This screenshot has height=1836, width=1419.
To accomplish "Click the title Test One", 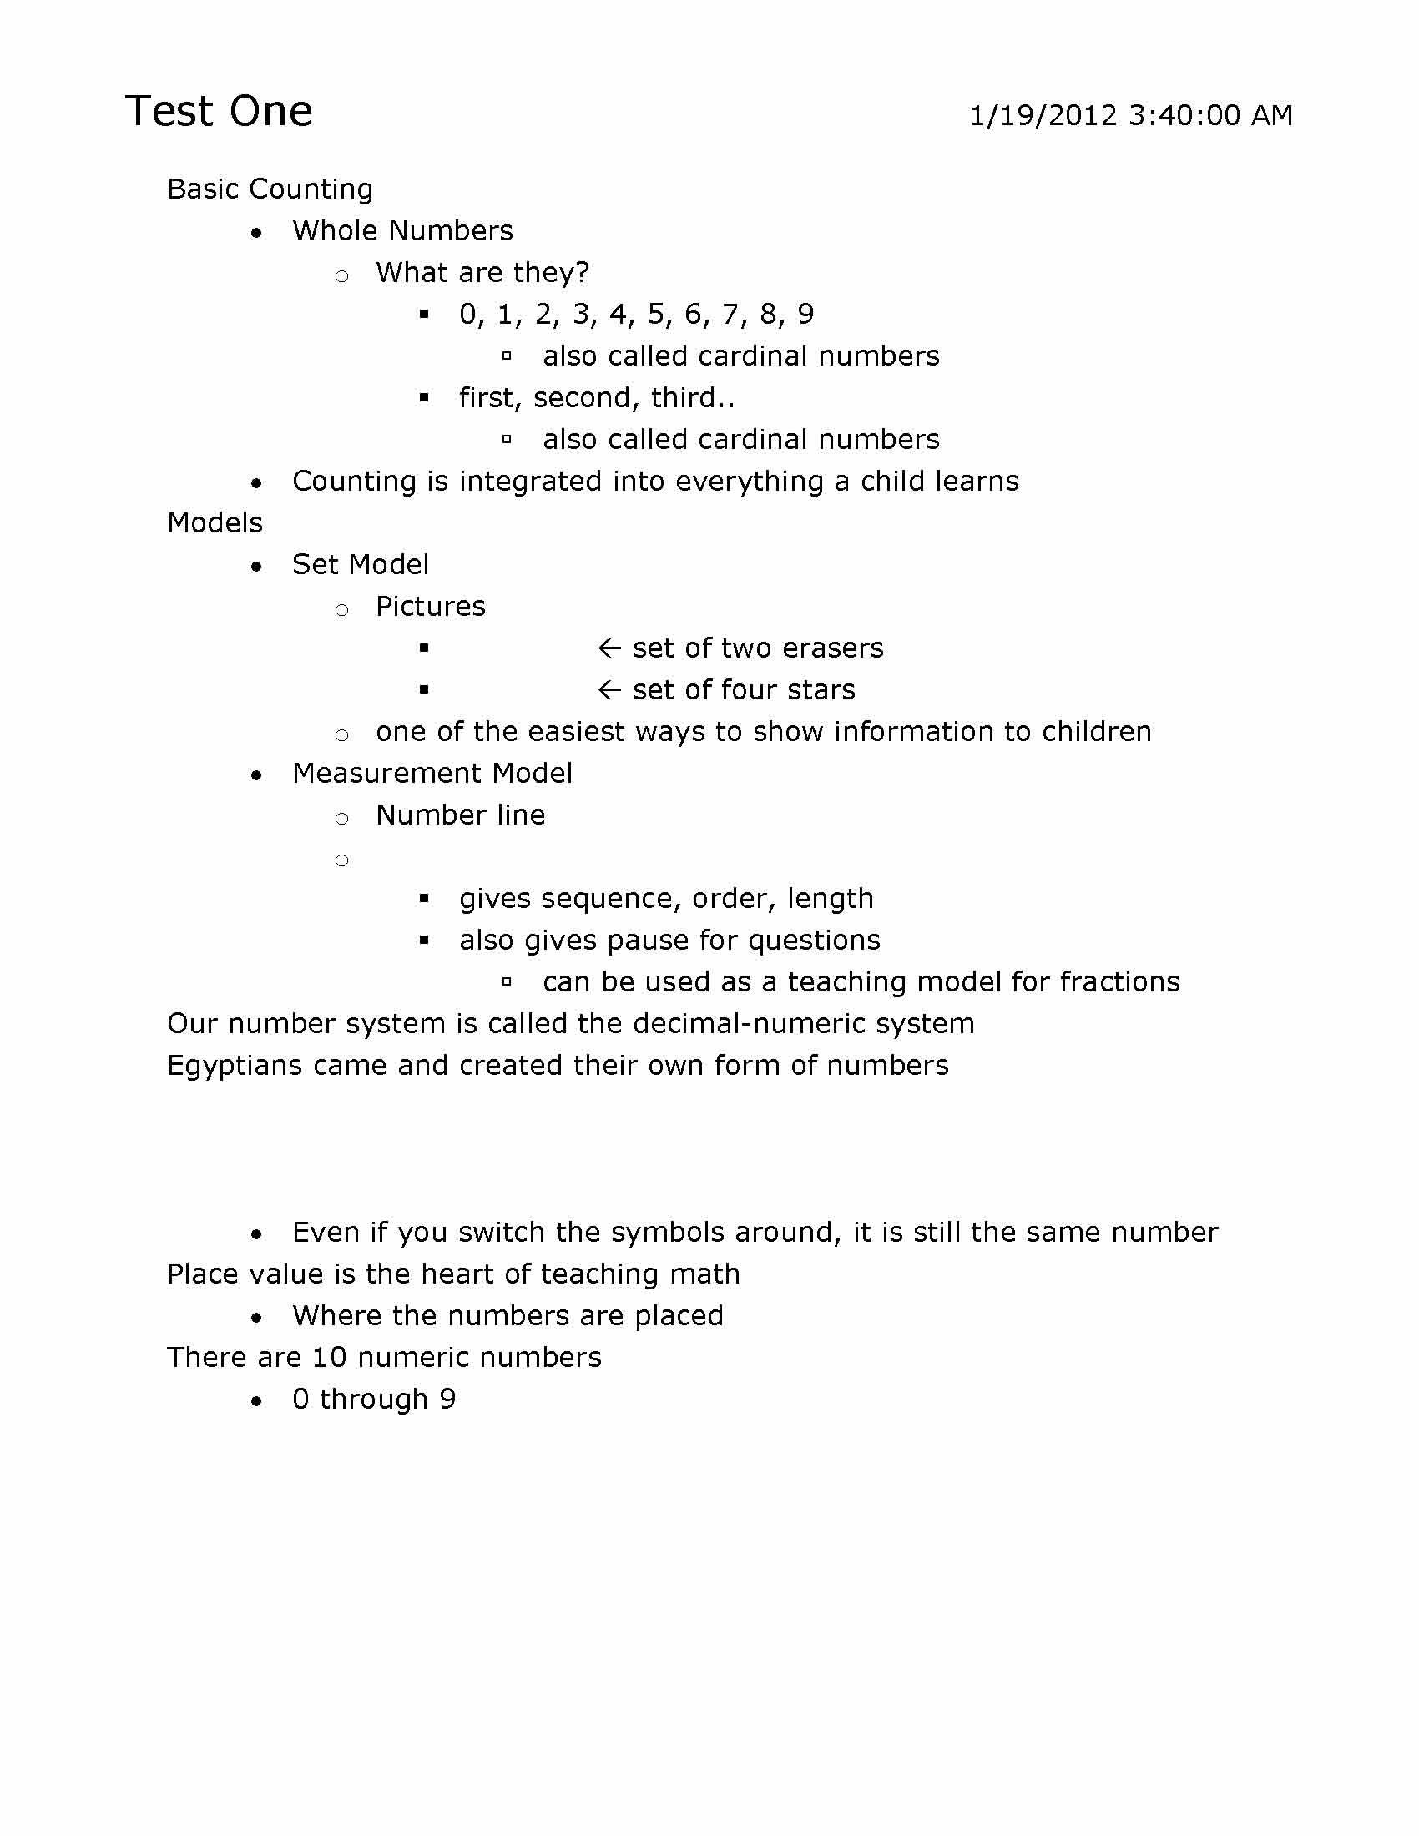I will [219, 111].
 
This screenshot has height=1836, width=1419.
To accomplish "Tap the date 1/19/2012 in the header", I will [1043, 115].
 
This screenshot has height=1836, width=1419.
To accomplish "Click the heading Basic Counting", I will [270, 189].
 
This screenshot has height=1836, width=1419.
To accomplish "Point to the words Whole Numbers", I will [401, 231].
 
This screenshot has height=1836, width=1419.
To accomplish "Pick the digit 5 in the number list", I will [656, 315].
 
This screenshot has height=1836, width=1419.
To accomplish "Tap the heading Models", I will [215, 523].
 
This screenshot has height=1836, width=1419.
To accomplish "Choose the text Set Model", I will [360, 565].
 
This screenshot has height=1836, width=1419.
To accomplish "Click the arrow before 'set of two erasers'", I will [609, 648].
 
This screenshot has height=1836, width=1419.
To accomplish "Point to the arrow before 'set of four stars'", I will [609, 690].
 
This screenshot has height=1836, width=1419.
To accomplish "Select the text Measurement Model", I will [432, 774].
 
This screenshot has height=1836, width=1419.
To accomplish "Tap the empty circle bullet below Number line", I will [341, 860].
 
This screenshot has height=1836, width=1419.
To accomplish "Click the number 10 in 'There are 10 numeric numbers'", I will [324, 1358].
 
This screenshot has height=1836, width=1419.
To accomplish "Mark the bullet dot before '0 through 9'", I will [256, 1400].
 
